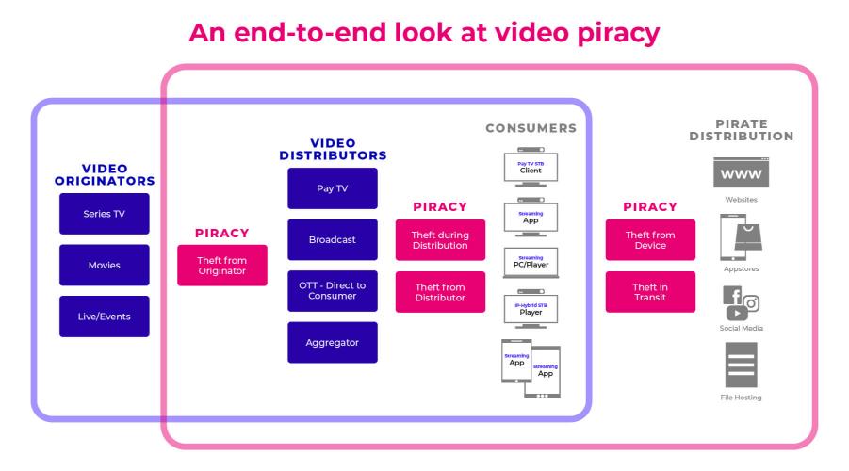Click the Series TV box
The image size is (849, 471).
coord(104,214)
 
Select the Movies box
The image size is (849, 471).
coord(104,265)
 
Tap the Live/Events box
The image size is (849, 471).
coord(104,317)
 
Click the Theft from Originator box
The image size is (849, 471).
coord(222,265)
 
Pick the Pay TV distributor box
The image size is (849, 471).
coord(332,188)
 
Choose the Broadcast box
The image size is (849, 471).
coord(332,239)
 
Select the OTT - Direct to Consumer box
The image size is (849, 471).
coord(332,291)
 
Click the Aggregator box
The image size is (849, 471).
coord(332,343)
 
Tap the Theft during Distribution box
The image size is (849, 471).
coord(440,239)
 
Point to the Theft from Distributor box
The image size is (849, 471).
coord(440,291)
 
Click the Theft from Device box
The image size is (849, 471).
coord(650,239)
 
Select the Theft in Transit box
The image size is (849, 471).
coord(650,291)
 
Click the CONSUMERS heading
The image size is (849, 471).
coord(531,127)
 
